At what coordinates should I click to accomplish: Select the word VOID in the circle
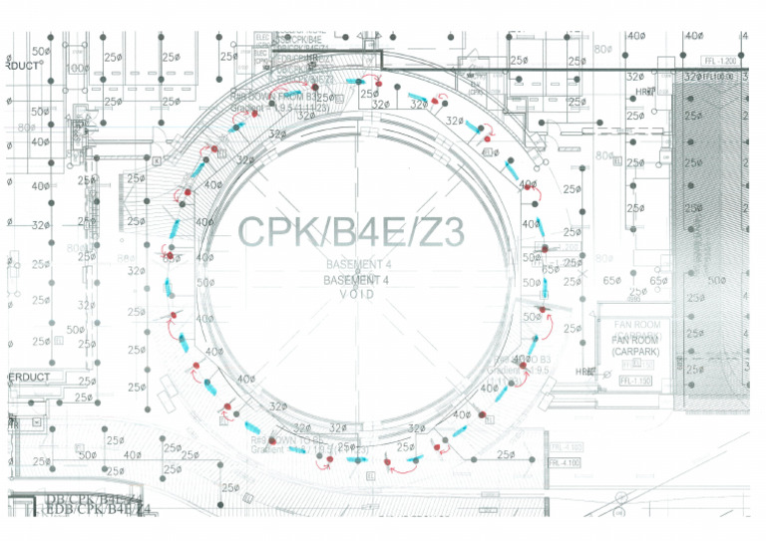[358, 294]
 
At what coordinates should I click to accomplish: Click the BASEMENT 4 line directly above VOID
[358, 281]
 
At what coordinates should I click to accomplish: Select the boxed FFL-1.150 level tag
[634, 381]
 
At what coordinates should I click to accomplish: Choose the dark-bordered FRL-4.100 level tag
[565, 462]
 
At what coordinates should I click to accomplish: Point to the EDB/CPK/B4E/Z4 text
[98, 509]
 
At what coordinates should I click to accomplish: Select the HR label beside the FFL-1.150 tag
[582, 372]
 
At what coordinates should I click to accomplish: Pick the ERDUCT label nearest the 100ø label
[22, 66]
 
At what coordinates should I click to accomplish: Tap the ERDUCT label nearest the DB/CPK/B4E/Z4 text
[30, 378]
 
